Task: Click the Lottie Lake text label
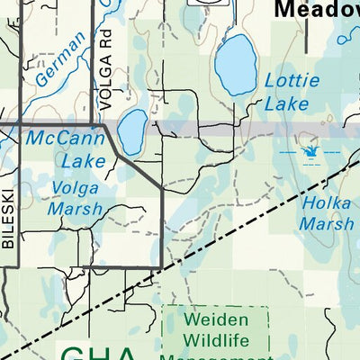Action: pyautogui.click(x=292, y=92)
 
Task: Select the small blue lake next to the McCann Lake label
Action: pyautogui.click(x=131, y=131)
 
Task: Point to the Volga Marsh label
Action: pyautogui.click(x=76, y=199)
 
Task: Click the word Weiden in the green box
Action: pyautogui.click(x=216, y=319)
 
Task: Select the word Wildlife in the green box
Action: pyautogui.click(x=216, y=340)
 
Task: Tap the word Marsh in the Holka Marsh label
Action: pyautogui.click(x=328, y=224)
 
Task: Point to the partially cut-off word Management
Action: pyautogui.click(x=216, y=356)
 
